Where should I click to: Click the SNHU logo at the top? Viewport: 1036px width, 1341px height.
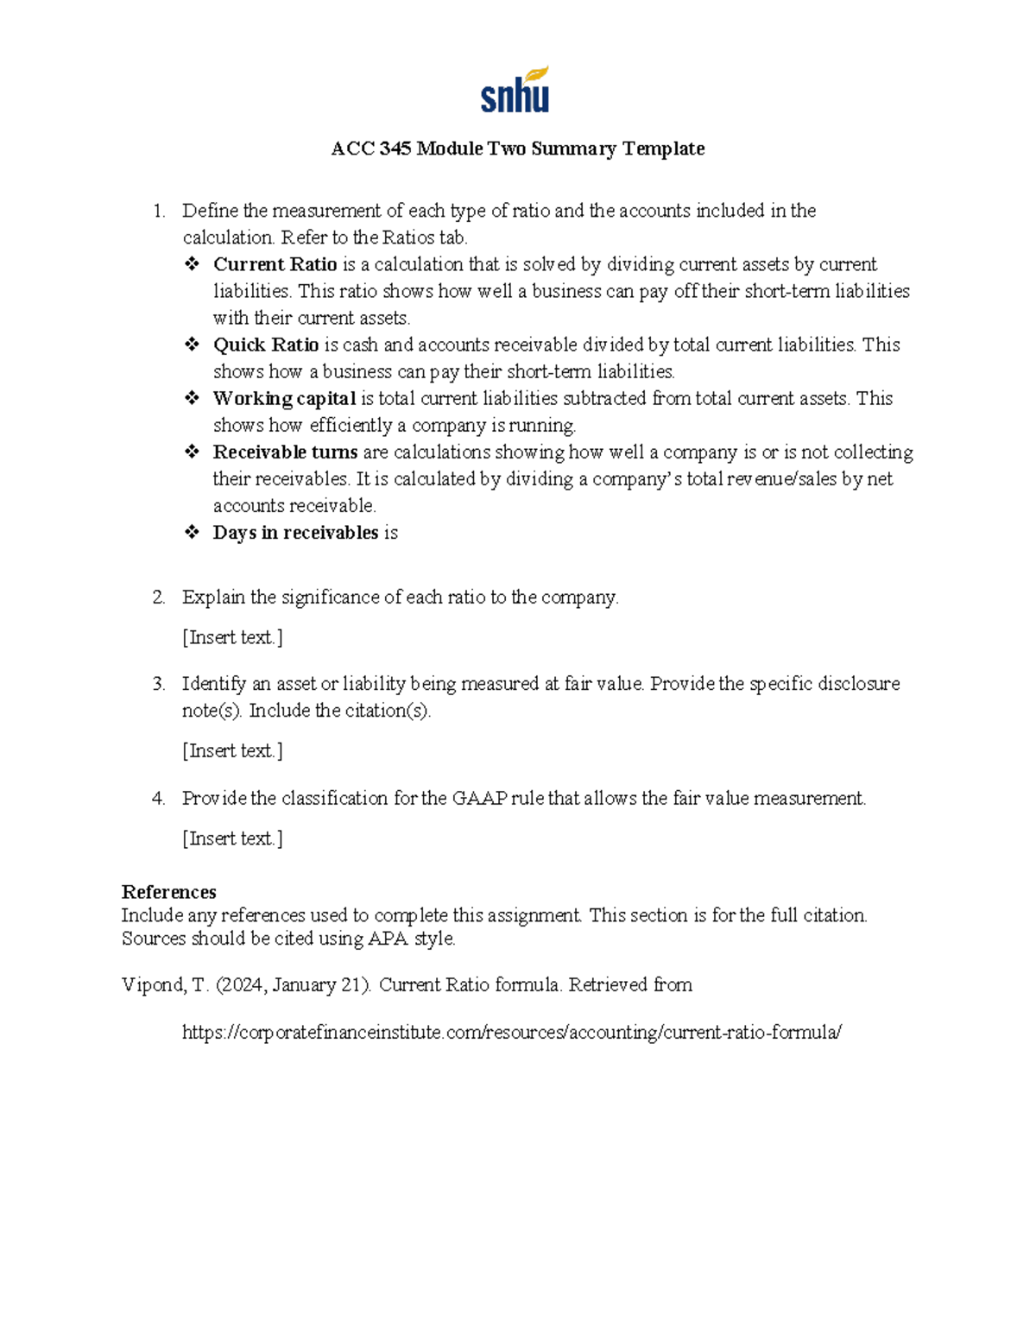[x=515, y=91]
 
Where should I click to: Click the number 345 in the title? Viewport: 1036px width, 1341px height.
[x=395, y=149]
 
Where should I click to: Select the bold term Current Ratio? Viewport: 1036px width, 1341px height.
[x=275, y=264]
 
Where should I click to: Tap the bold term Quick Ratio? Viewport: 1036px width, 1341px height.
[x=266, y=345]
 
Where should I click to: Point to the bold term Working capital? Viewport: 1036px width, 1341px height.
[x=284, y=398]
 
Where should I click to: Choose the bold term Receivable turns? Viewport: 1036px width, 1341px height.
[x=285, y=452]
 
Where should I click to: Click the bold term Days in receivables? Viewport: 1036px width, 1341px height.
[x=295, y=532]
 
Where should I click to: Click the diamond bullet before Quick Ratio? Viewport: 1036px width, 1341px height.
[x=192, y=345]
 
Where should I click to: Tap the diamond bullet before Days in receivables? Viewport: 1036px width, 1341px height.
[x=192, y=532]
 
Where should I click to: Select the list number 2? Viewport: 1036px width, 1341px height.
[x=158, y=597]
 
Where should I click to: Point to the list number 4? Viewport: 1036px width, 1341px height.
[x=158, y=798]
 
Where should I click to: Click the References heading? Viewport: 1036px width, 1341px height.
[x=169, y=892]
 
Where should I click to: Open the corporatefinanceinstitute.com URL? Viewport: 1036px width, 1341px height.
[x=511, y=1032]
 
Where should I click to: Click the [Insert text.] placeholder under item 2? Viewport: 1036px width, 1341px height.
[x=232, y=637]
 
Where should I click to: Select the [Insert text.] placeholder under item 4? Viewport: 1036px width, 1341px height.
[x=232, y=838]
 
